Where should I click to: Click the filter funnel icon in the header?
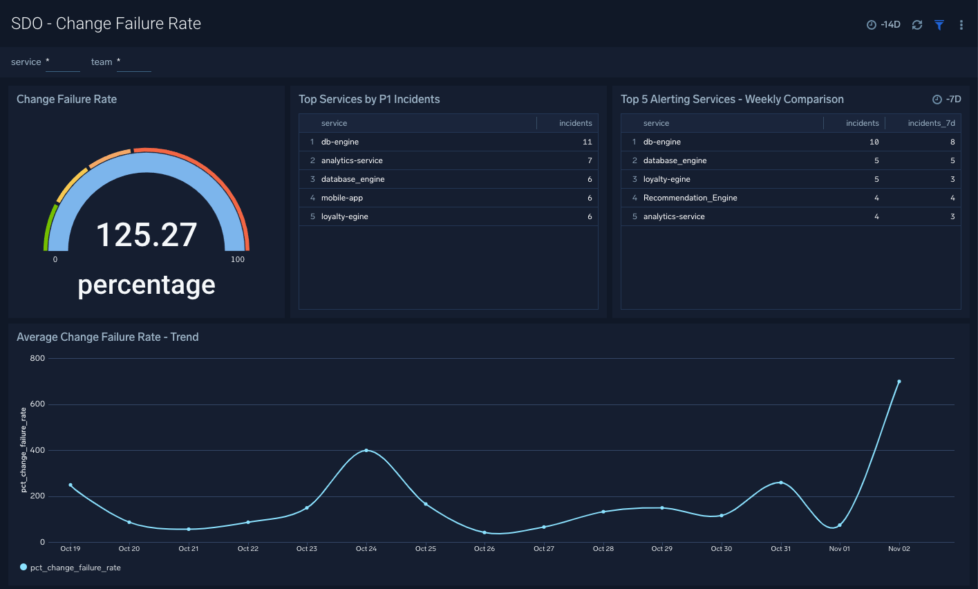939,25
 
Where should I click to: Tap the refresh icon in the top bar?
917,25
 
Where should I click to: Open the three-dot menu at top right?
961,25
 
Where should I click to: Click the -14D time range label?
884,25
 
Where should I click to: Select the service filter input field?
63,62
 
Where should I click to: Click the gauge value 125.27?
147,235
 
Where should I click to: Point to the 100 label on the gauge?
238,260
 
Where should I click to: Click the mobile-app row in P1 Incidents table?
342,198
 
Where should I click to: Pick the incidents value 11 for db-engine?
587,142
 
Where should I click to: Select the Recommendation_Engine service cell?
690,198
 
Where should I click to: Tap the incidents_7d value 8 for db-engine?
952,142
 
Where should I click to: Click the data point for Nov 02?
899,382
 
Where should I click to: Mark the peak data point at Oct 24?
366,450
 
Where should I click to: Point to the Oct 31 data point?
781,483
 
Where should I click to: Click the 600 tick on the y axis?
37,404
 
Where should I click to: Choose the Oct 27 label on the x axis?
544,549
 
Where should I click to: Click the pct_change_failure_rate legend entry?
75,568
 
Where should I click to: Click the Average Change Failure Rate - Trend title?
108,337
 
